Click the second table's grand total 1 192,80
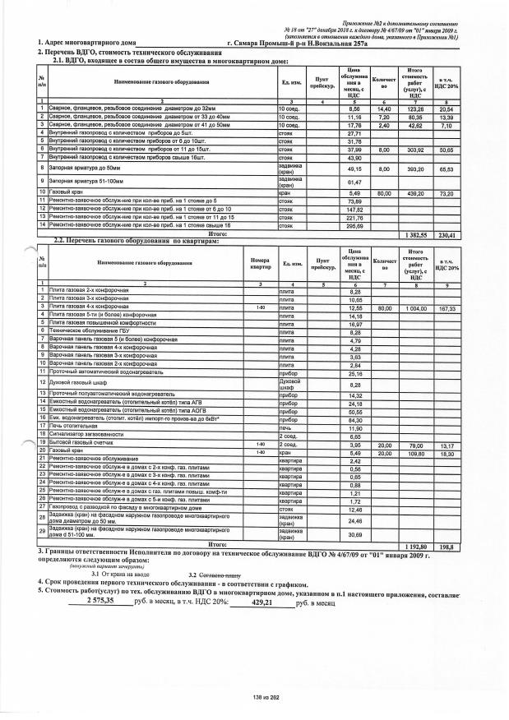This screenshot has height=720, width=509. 420,545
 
